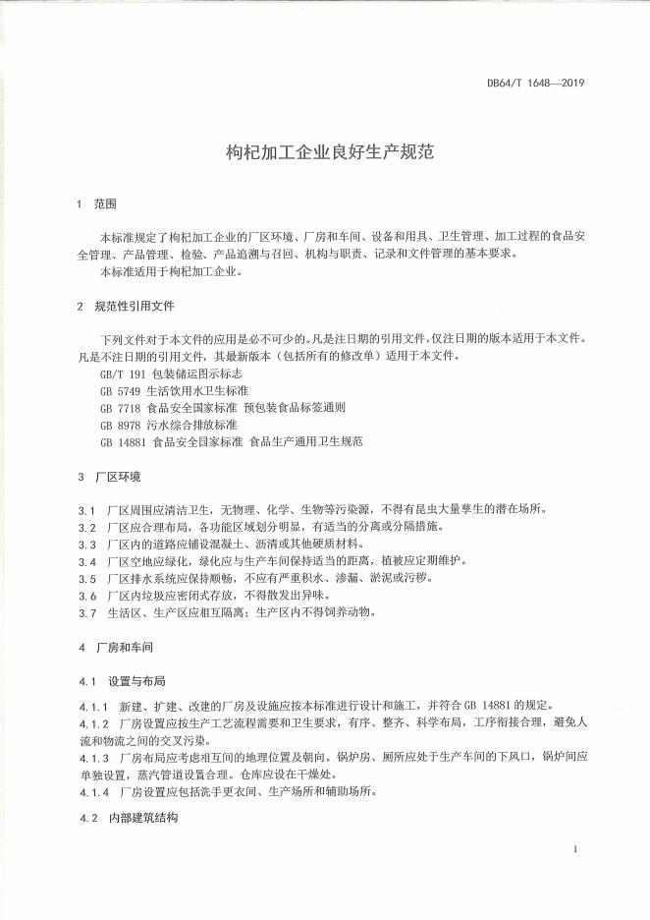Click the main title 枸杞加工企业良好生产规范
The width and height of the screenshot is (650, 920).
point(324,153)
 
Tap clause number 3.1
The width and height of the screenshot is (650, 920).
point(86,510)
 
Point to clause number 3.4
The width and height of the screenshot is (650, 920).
point(86,560)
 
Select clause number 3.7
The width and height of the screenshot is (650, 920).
point(86,611)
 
